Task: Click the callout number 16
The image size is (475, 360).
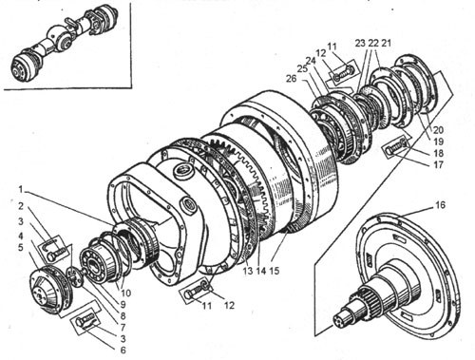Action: pos(440,205)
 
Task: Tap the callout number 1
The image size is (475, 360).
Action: pos(21,190)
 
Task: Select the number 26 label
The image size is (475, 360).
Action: pos(291,78)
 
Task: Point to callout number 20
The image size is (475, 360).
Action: pos(439,129)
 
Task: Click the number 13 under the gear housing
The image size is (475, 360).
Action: pos(248,271)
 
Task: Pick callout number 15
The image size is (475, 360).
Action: pos(275,271)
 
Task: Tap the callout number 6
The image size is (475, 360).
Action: pos(123,350)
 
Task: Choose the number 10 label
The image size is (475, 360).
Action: pos(125,293)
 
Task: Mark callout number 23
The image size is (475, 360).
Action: pos(360,43)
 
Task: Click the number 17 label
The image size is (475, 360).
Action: pos(438,164)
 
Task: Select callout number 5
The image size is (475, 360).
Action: pos(21,247)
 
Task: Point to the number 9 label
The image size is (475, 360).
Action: pos(123,304)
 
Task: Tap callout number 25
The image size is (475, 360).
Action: pos(302,68)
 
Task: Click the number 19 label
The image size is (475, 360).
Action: pos(438,142)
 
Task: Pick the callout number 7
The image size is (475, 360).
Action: pos(123,327)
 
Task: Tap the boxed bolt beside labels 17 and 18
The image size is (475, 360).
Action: pos(396,147)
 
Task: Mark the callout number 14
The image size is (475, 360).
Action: pos(261,271)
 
